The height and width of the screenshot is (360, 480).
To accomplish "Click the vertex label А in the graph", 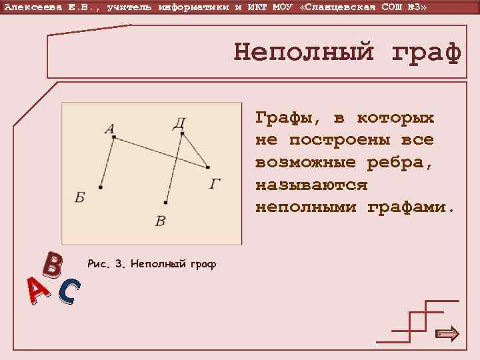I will (x=109, y=129).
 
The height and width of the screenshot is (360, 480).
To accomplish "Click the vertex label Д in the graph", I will (x=179, y=123).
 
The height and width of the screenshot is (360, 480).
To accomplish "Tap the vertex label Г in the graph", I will (x=215, y=183).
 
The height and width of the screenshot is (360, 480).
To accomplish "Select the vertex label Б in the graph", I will (x=80, y=198).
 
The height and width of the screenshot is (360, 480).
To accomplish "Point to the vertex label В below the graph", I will (x=160, y=221).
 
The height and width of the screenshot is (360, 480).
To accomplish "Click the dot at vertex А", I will (x=114, y=137).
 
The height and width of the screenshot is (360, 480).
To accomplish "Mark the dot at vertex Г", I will (x=208, y=167).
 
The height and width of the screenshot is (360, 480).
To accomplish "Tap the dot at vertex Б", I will (x=100, y=187).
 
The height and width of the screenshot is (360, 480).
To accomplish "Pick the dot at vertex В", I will (x=165, y=202).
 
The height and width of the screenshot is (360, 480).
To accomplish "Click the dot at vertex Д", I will (x=181, y=133).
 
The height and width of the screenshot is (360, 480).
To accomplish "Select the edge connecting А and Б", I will (x=107, y=162).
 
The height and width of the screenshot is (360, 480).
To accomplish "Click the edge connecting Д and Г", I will (x=195, y=151).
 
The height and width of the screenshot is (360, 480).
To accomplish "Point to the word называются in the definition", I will (x=311, y=185).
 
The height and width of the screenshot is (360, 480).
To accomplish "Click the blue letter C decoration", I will (x=69, y=292).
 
